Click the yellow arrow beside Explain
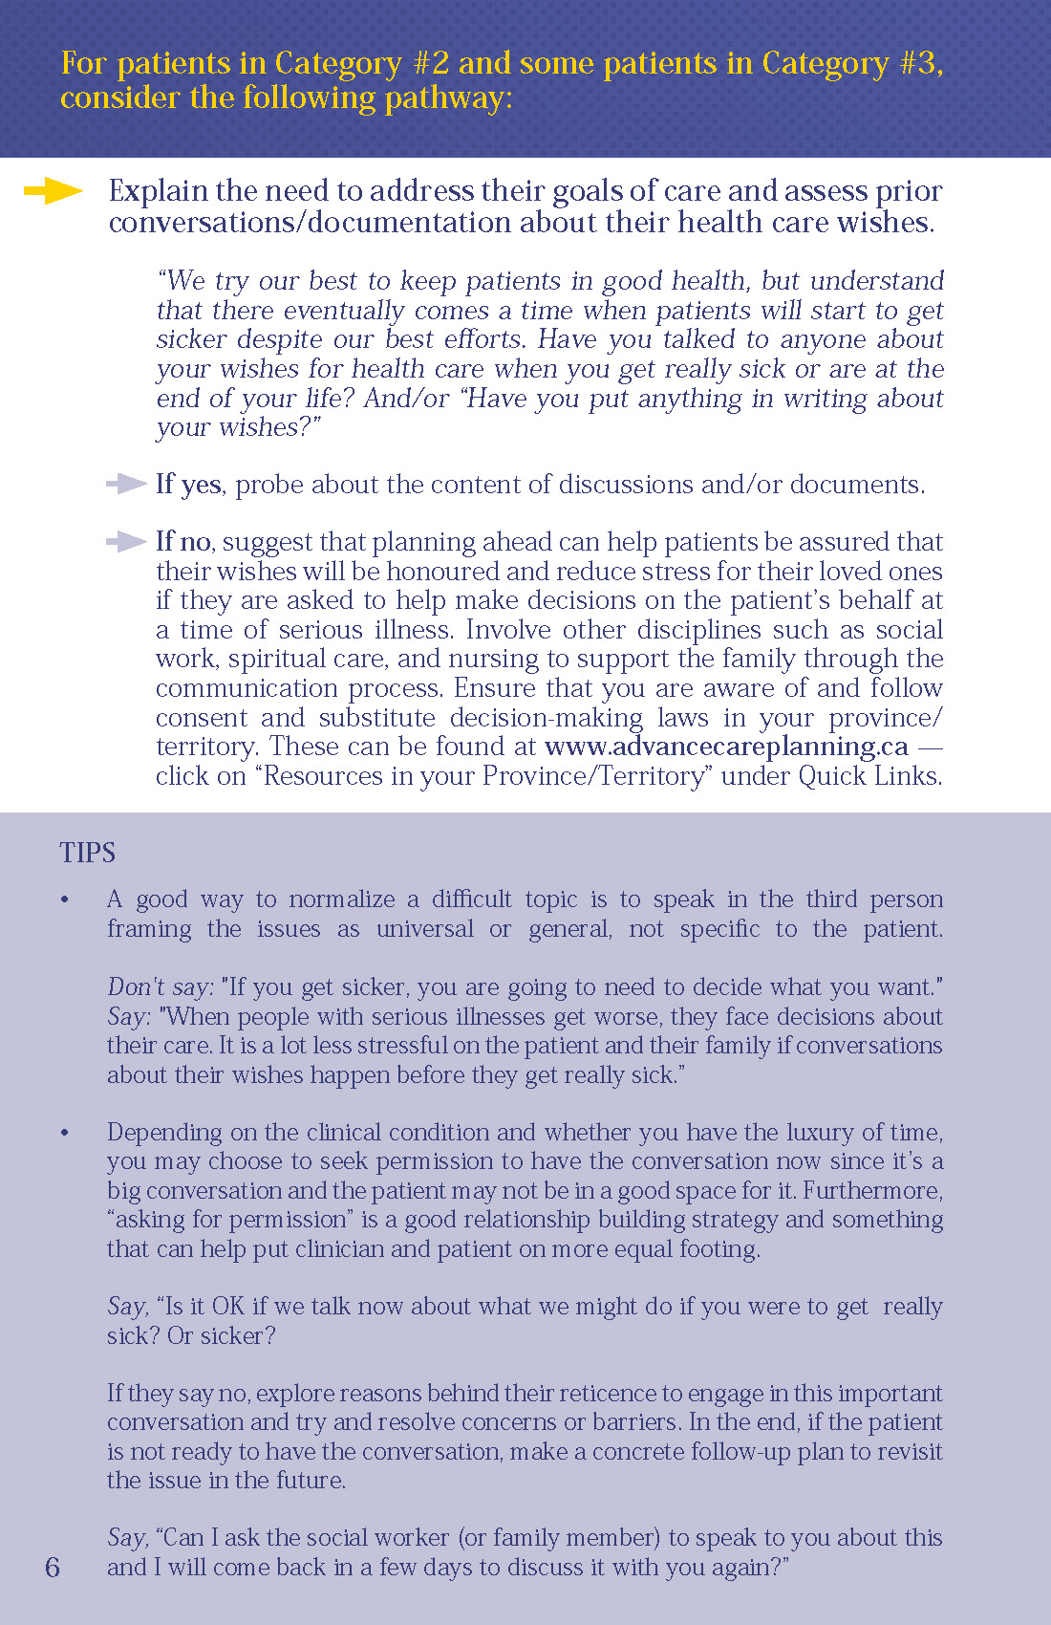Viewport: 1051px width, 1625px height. (53, 191)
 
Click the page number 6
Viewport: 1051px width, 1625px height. (53, 1567)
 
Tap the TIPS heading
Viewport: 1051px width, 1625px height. (87, 853)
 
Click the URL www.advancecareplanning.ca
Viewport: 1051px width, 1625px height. (726, 747)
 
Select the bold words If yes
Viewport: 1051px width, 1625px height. (188, 485)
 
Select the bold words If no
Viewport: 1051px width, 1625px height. (183, 542)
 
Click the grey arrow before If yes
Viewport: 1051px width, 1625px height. (126, 485)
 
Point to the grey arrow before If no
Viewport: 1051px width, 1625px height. (126, 542)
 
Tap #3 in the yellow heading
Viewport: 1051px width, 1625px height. (918, 63)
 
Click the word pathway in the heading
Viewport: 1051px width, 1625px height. (447, 98)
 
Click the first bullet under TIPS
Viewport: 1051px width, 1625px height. (65, 900)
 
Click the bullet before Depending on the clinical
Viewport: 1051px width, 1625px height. (65, 1133)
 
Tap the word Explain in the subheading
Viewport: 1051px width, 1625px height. (158, 191)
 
